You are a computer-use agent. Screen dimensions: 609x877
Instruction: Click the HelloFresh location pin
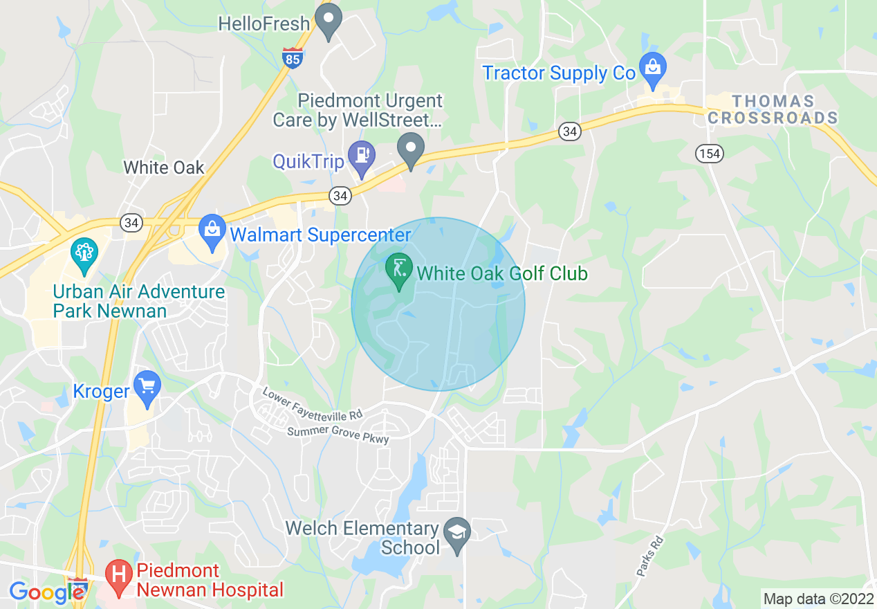tap(329, 19)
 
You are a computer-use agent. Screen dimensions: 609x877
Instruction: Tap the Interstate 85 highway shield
tap(293, 58)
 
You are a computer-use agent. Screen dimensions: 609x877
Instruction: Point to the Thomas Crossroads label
tap(773, 110)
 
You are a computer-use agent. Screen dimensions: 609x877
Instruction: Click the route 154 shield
tap(710, 153)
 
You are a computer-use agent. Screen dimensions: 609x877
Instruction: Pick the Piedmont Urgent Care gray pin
tap(411, 149)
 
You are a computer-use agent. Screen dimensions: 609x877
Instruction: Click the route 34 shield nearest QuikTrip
tap(340, 197)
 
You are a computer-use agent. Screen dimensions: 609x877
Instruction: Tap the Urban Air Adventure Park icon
tap(84, 253)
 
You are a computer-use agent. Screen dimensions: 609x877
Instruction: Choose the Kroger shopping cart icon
tap(147, 386)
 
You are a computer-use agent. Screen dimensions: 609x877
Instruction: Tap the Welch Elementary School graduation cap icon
tap(456, 533)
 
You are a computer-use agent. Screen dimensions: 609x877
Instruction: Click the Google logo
tap(47, 592)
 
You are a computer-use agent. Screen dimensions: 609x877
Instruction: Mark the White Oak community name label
tap(164, 167)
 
